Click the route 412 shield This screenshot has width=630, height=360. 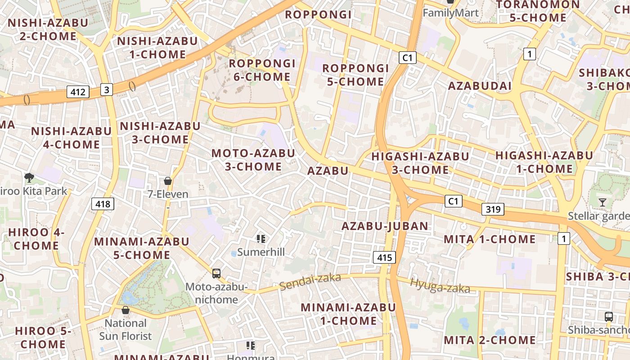click(78, 92)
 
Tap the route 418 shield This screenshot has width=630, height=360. click(103, 204)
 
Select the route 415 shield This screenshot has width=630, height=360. click(384, 258)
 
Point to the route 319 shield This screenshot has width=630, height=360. click(493, 209)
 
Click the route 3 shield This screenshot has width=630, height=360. click(106, 90)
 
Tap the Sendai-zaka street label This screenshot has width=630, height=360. click(310, 282)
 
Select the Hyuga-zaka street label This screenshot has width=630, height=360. click(440, 286)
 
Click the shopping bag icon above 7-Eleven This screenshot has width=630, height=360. click(168, 181)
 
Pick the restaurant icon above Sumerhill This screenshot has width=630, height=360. click(261, 238)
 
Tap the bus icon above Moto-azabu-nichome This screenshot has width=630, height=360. click(216, 273)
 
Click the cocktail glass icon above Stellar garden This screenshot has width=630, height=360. click(603, 202)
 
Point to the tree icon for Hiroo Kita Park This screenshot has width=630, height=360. click(29, 177)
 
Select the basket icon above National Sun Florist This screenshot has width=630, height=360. click(126, 310)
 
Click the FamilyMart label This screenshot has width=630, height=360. click(451, 13)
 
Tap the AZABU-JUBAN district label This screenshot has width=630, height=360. click(385, 226)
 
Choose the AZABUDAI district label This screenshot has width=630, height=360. click(480, 86)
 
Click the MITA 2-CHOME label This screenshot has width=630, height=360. click(490, 340)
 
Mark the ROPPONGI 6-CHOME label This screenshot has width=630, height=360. click(262, 70)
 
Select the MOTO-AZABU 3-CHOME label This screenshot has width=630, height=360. click(253, 160)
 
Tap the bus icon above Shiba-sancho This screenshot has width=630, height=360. click(609, 316)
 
